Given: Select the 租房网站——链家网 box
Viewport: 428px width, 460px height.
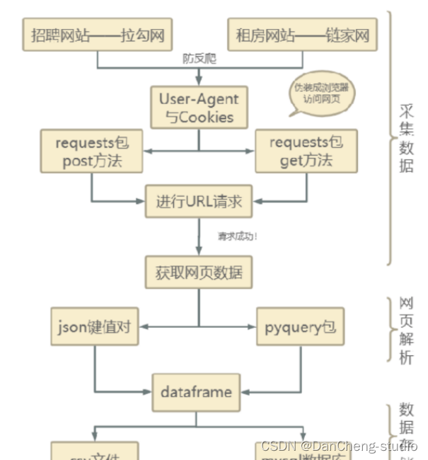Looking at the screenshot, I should pyautogui.click(x=302, y=34).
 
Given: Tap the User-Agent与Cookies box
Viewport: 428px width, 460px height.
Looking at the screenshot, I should pyautogui.click(x=199, y=108).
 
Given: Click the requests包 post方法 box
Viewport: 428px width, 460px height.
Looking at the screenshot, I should pyautogui.click(x=92, y=151).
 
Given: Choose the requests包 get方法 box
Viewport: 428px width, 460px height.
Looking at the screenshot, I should pyautogui.click(x=306, y=151).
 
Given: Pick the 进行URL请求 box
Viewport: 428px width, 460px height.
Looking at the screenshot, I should pyautogui.click(x=199, y=202).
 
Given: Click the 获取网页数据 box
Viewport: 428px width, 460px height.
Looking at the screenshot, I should pyautogui.click(x=199, y=272).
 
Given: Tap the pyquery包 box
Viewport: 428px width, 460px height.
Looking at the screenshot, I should pyautogui.click(x=300, y=327).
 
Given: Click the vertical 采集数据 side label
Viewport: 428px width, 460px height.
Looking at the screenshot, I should pyautogui.click(x=407, y=138).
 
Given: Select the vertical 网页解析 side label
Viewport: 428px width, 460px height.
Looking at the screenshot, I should pyautogui.click(x=407, y=329).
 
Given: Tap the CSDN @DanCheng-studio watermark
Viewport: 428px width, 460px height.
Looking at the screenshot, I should pyautogui.click(x=339, y=446).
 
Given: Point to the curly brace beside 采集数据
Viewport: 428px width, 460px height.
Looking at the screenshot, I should pyautogui.click(x=391, y=138).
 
